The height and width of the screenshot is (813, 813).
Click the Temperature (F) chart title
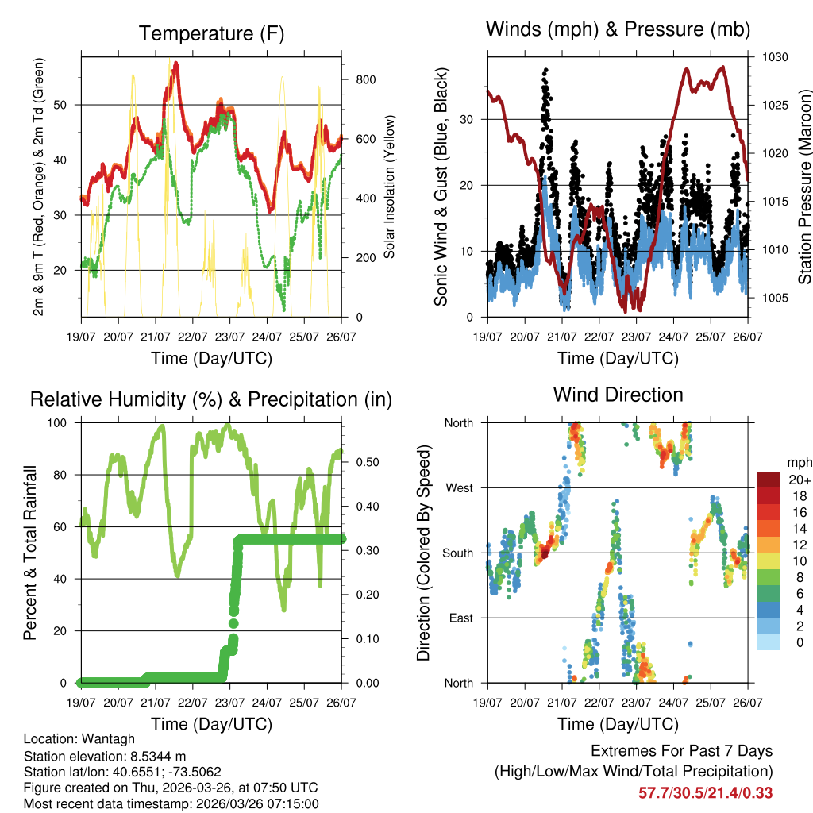click(x=211, y=33)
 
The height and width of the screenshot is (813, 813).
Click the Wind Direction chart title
click(x=618, y=395)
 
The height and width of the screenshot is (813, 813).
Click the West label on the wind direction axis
click(x=459, y=487)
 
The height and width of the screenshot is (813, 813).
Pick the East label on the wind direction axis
click(x=460, y=618)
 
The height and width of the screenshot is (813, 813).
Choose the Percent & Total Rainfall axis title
click(x=30, y=553)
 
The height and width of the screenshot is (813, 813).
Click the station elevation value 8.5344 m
click(x=158, y=755)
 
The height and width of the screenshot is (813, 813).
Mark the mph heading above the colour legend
click(x=798, y=462)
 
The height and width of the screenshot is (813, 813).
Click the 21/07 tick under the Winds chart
click(x=562, y=337)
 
